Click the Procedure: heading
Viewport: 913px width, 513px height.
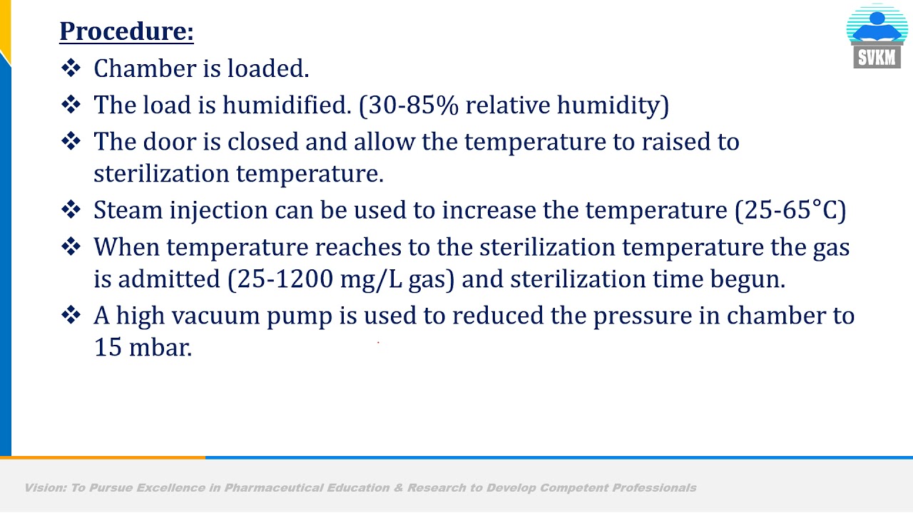click(126, 31)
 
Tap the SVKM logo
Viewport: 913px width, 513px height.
click(877, 37)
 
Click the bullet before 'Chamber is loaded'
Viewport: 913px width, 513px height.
click(71, 68)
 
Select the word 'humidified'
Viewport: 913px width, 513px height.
click(287, 105)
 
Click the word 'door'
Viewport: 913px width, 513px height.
click(171, 142)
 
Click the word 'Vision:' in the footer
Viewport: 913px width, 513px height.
click(44, 488)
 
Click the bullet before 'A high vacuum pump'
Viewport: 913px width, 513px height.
click(71, 316)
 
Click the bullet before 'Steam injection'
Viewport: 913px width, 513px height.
click(71, 210)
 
